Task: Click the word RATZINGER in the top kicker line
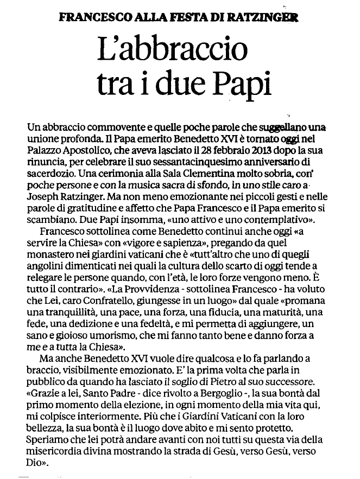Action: pos(269,16)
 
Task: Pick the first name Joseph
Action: pos(41,199)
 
